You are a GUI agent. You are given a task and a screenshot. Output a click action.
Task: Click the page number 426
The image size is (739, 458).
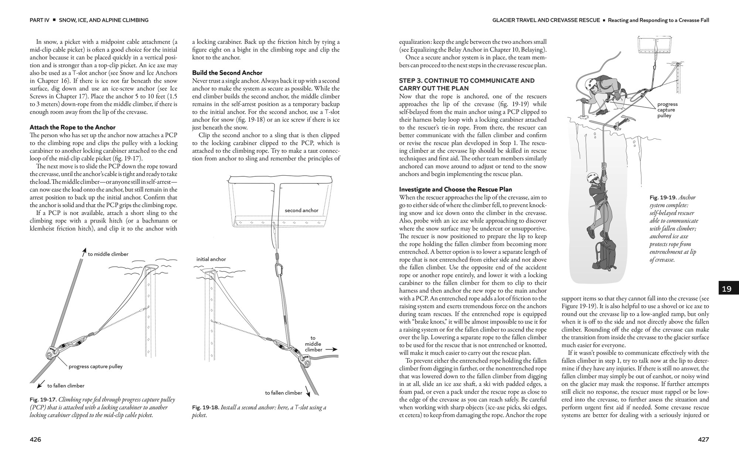click(x=35, y=440)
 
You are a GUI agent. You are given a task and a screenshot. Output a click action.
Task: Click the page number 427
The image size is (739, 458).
click(x=703, y=440)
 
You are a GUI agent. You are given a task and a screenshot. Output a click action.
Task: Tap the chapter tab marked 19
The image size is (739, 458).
click(x=726, y=289)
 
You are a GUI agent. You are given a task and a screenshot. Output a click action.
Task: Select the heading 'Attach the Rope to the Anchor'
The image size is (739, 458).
click(x=72, y=127)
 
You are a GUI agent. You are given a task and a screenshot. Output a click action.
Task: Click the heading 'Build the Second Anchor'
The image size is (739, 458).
click(x=227, y=73)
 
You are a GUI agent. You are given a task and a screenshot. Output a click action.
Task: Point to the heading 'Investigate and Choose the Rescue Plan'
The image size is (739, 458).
click(x=455, y=189)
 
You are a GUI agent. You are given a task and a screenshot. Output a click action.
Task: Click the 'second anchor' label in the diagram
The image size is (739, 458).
click(x=302, y=210)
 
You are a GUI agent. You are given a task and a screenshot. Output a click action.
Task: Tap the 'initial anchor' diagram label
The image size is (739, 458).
click(x=211, y=259)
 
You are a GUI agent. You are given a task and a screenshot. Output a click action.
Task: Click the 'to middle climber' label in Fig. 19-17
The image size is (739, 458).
click(x=108, y=254)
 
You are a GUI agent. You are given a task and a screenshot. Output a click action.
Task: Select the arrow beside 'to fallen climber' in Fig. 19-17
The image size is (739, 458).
click(x=41, y=384)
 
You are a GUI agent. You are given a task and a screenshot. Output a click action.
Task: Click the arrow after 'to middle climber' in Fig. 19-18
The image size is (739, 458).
click(x=331, y=349)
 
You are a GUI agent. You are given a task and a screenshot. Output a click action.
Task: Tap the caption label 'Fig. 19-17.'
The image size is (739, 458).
click(x=43, y=400)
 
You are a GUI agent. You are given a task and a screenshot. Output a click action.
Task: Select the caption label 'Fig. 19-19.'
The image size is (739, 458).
click(x=663, y=197)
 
